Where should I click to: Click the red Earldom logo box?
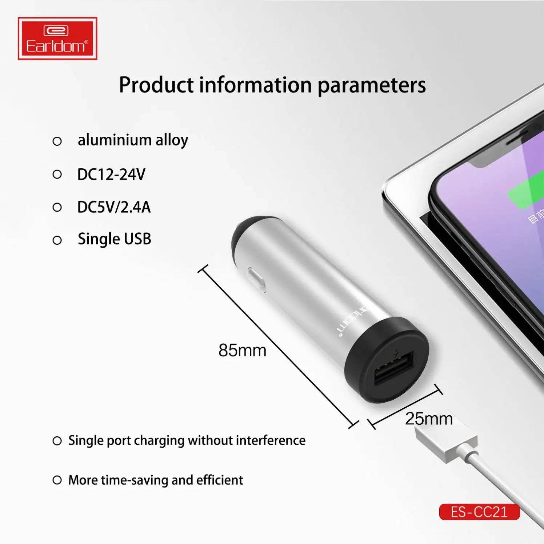click(x=57, y=39)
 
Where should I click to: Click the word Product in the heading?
click(x=156, y=85)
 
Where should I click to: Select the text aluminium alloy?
click(x=133, y=140)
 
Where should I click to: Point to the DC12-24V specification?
click(x=111, y=175)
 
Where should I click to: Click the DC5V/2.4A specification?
click(x=114, y=207)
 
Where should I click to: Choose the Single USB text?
click(x=114, y=239)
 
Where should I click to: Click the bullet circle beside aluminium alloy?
click(x=57, y=141)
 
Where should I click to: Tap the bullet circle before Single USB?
click(x=57, y=240)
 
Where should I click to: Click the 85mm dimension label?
click(x=242, y=351)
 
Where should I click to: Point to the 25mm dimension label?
click(x=429, y=419)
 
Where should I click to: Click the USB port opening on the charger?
click(x=394, y=368)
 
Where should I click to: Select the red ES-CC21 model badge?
click(x=479, y=512)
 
